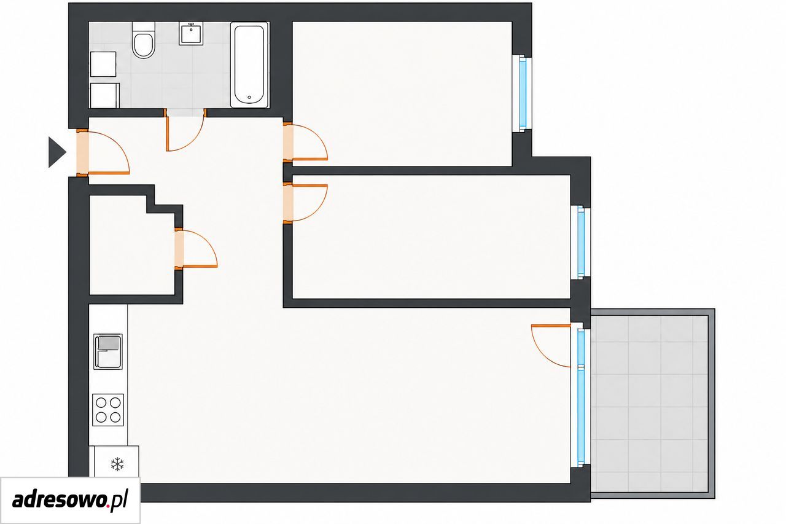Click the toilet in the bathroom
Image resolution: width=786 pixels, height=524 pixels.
pyautogui.click(x=144, y=40)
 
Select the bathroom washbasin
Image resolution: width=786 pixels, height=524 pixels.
pyautogui.click(x=191, y=33)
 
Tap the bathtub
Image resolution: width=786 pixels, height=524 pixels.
pyautogui.click(x=249, y=65)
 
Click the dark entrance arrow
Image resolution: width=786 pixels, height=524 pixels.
pyautogui.click(x=57, y=152)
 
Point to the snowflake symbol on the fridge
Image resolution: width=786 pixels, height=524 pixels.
pyautogui.click(x=117, y=464)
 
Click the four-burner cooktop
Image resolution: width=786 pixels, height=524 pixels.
pyautogui.click(x=108, y=410)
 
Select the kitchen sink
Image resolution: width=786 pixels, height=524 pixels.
pyautogui.click(x=108, y=351)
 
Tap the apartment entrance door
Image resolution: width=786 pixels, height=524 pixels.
pyautogui.click(x=103, y=152)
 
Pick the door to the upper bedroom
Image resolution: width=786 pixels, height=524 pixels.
pyautogui.click(x=305, y=142)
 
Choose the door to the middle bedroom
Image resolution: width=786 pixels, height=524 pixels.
pyautogui.click(x=305, y=203)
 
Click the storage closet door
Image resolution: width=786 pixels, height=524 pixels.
pyautogui.click(x=196, y=249)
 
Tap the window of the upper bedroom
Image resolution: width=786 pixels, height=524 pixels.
pyautogui.click(x=522, y=93)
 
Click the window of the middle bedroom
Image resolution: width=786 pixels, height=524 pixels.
pyautogui.click(x=581, y=243)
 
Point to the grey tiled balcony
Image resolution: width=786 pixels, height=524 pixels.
pyautogui.click(x=653, y=403)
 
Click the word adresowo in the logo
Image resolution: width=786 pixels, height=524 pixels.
pyautogui.click(x=58, y=499)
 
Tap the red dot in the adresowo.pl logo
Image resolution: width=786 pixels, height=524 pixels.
pyautogui.click(x=107, y=506)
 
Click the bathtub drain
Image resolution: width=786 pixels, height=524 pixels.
pyautogui.click(x=249, y=98)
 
